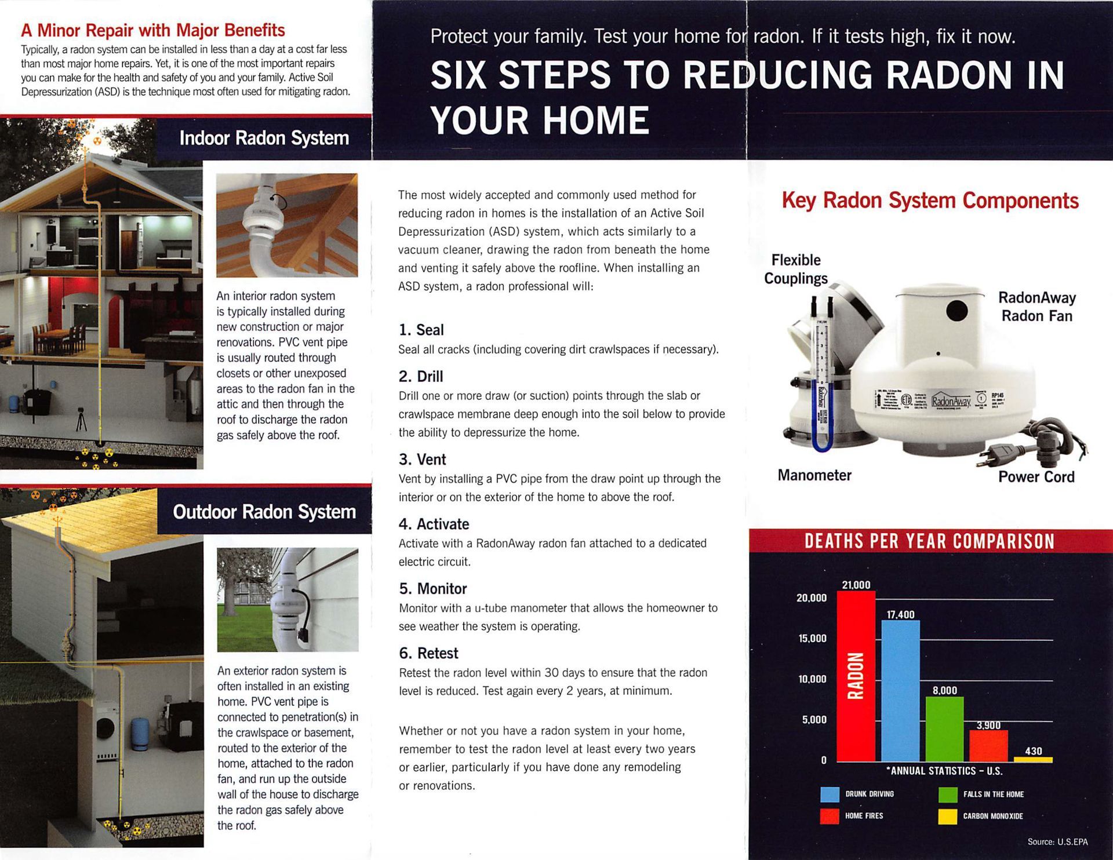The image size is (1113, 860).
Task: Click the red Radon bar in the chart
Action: point(856,676)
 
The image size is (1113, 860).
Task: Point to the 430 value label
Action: point(1034,751)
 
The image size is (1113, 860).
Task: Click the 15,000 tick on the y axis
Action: point(812,639)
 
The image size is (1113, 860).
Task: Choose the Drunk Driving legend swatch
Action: point(830,795)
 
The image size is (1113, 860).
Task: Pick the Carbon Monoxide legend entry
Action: point(992,816)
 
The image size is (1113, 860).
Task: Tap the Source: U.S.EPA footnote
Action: point(1057,841)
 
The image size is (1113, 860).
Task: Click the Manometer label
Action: point(814,475)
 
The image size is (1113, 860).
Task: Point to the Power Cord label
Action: point(1036,477)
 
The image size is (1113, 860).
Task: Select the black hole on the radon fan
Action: point(956,311)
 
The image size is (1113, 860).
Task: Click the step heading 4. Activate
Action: point(434,524)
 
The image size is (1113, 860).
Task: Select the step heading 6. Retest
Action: point(428,653)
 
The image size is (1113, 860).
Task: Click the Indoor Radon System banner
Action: point(264,138)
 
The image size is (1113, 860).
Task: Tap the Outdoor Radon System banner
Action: point(264,512)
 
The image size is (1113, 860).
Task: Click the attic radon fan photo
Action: point(287,225)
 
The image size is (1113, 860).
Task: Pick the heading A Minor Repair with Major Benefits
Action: point(153,30)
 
